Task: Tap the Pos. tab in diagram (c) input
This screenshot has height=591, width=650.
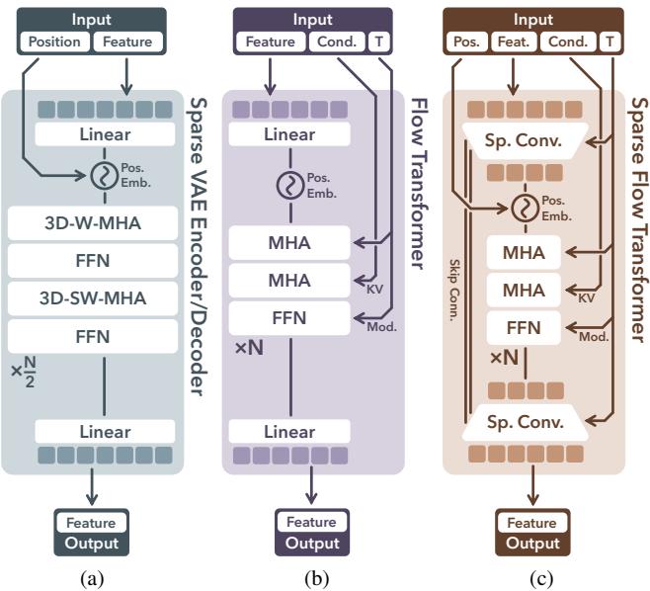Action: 469,42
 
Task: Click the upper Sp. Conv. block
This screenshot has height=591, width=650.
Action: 524,142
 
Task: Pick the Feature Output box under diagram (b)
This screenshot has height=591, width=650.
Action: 313,533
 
